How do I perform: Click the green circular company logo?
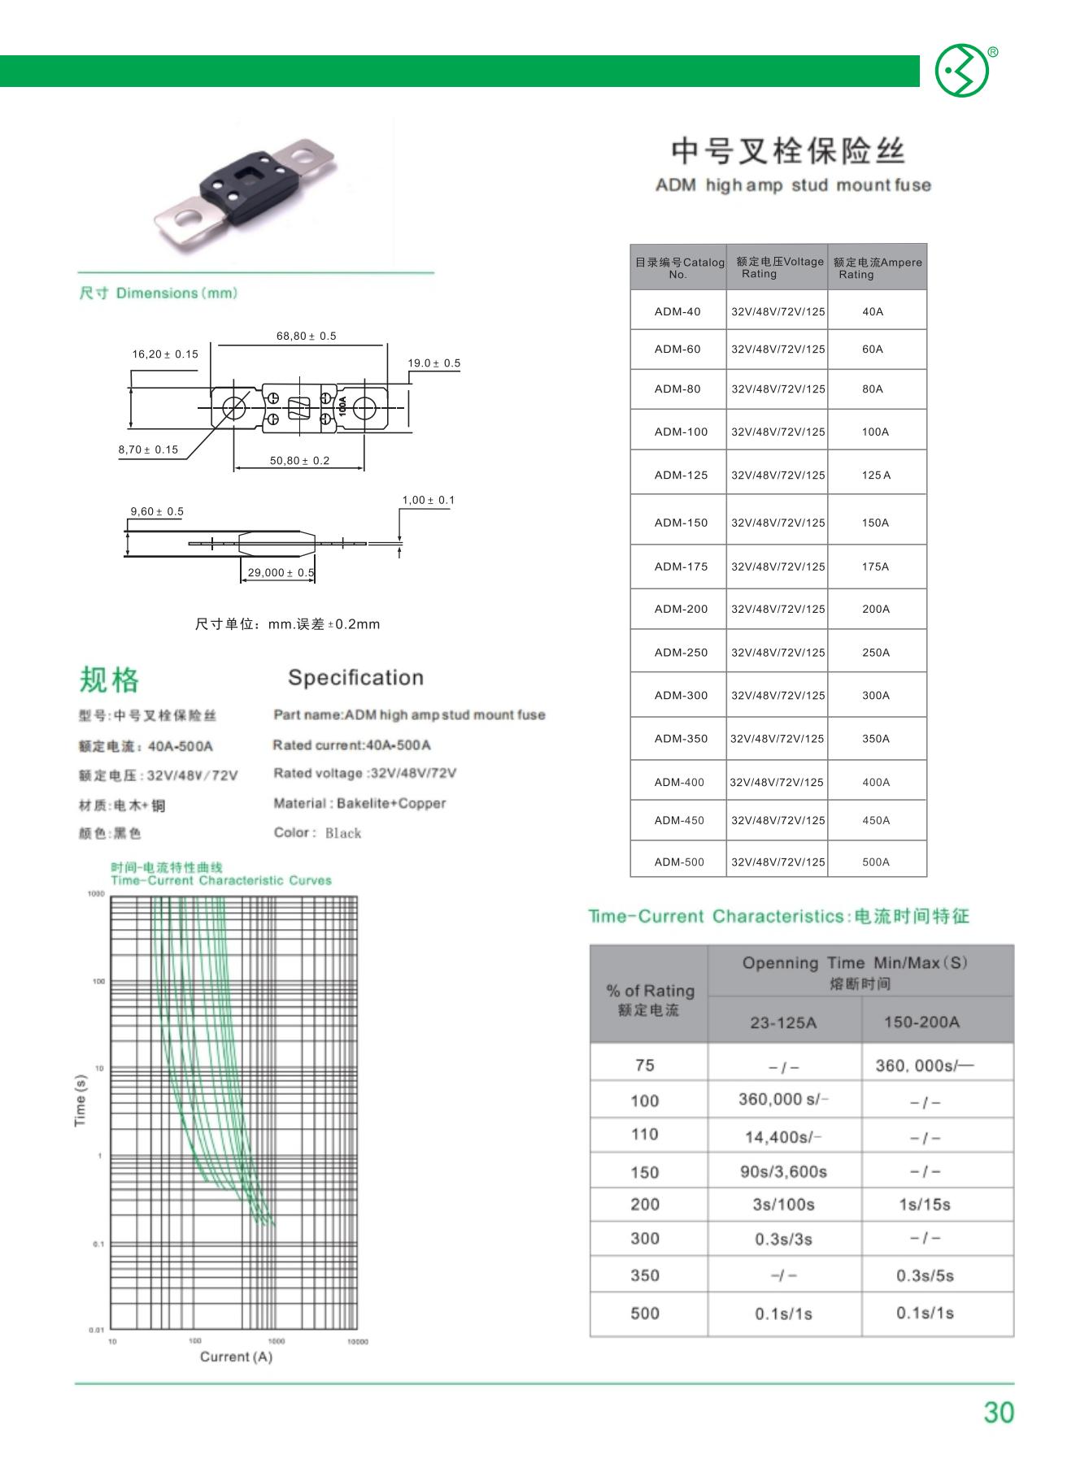961,72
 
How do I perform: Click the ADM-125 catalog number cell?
681,475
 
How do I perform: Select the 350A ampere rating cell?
875,739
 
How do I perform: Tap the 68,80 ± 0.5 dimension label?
306,336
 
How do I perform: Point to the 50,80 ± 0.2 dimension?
299,461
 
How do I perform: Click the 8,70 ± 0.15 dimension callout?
148,449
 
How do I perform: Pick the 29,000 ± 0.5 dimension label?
281,572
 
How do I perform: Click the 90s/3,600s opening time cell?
782,1171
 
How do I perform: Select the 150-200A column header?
921,1022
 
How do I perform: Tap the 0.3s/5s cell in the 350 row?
925,1275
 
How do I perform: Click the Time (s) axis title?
81,1100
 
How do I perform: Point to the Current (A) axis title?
236,1357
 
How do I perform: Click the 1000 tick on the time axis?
96,894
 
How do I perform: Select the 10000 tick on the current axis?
358,1341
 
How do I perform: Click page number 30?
998,1412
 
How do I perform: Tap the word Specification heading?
355,678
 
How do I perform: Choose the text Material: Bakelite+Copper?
359,803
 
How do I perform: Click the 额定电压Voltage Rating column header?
778,267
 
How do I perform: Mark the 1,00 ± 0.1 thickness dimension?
428,500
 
